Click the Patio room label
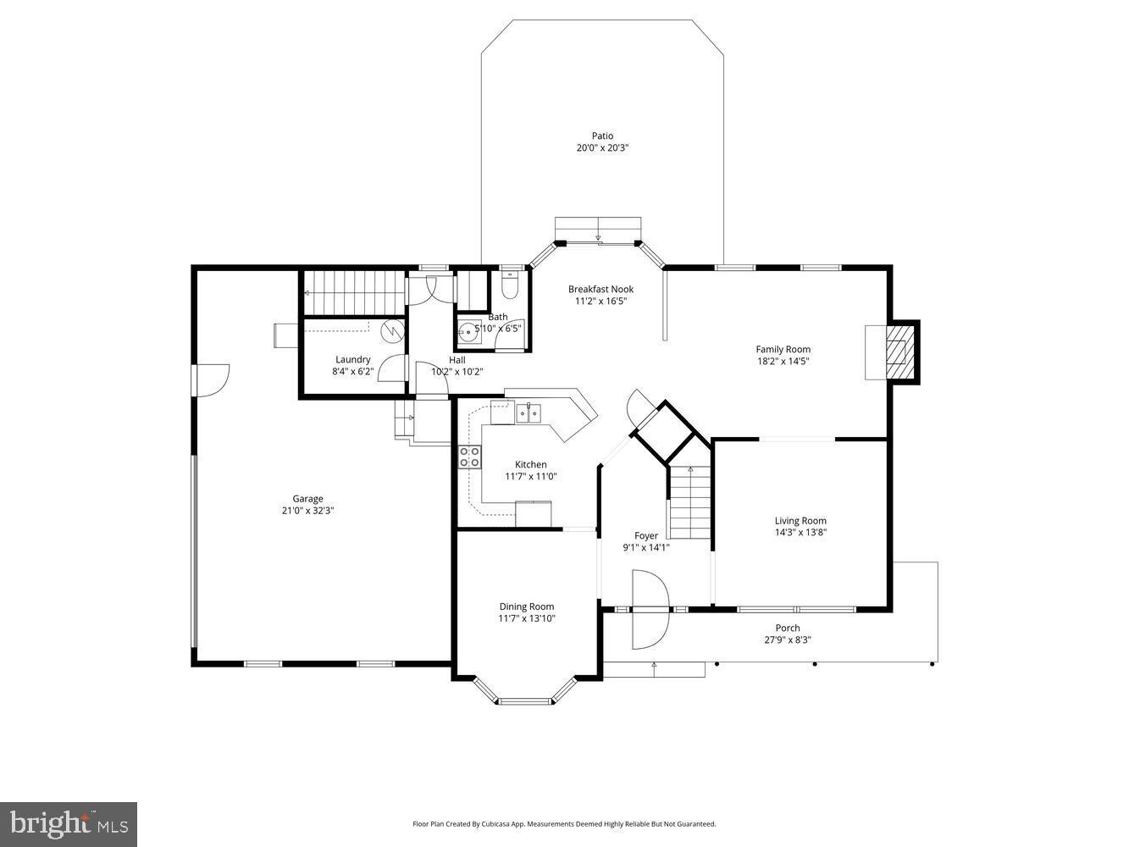pos(602,136)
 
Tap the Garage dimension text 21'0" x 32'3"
pos(308,511)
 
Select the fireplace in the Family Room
pos(896,351)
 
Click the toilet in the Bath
pos(510,289)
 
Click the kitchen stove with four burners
pos(470,457)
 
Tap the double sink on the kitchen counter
pos(529,413)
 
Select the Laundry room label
pos(352,359)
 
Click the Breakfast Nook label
pos(600,289)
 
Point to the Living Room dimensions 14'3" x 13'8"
pos(800,533)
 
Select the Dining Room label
pos(526,606)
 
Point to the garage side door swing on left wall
pos(212,379)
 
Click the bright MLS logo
pos(69,824)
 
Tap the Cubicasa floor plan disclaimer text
pos(564,823)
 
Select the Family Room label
pos(783,349)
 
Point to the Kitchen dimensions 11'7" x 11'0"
pos(531,476)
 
